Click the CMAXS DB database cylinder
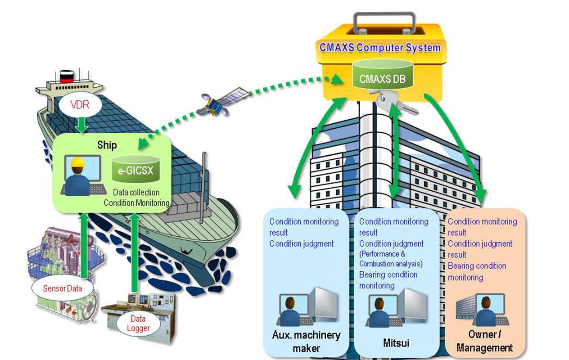click(382, 76)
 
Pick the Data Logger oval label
click(138, 323)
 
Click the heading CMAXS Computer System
click(380, 48)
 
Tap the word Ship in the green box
click(107, 145)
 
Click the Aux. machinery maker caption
click(306, 341)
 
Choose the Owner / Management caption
click(484, 341)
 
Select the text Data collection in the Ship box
click(136, 193)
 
